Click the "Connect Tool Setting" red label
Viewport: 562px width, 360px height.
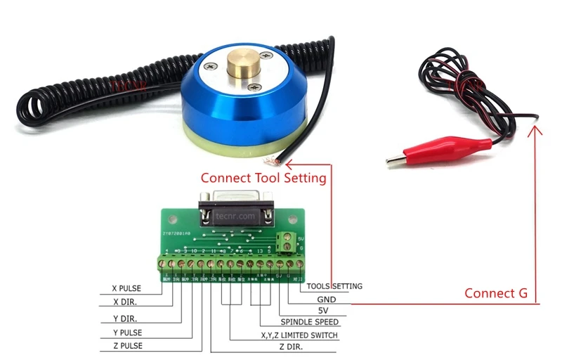coord(263,178)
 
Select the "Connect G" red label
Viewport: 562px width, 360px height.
coord(496,293)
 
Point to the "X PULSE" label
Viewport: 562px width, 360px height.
coord(132,288)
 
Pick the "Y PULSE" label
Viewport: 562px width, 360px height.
coord(132,333)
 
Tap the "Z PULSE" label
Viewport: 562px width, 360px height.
coord(132,346)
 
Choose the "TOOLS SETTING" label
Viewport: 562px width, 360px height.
coord(335,286)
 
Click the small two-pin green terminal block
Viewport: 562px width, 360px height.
coord(288,243)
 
